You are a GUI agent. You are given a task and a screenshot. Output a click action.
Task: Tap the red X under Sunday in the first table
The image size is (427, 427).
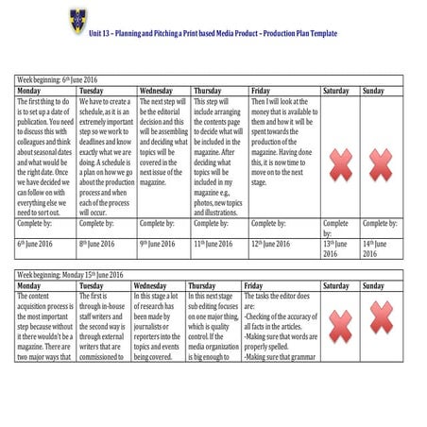(x=380, y=164)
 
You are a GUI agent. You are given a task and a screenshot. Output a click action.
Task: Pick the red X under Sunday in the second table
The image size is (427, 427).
(x=381, y=318)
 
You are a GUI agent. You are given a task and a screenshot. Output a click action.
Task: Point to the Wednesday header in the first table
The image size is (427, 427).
(x=158, y=91)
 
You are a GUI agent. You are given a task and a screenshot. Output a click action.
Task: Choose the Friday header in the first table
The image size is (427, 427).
(x=261, y=91)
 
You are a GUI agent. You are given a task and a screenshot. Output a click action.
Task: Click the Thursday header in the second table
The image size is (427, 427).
(x=202, y=285)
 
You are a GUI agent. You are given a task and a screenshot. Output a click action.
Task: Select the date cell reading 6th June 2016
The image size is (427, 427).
(x=37, y=244)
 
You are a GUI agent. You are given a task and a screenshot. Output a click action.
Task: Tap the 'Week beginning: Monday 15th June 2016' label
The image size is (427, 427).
(x=70, y=275)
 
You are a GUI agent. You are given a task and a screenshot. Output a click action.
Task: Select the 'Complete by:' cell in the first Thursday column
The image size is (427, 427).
(x=212, y=224)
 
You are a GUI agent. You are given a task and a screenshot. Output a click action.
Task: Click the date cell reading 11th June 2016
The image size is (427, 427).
(x=213, y=244)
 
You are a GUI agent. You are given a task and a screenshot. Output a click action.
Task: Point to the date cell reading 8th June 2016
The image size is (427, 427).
(x=96, y=244)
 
